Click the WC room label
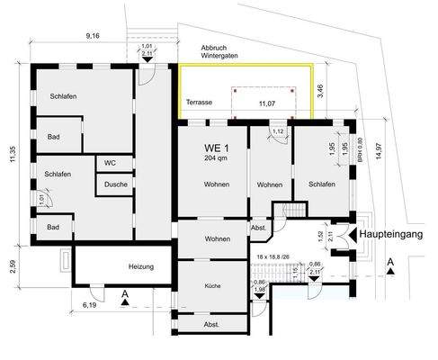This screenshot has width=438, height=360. pos(110,163)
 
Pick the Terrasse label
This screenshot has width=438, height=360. pos(199,103)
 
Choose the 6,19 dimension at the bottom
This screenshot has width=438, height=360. pos(90,307)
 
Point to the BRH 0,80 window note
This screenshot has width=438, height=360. pos(359,147)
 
